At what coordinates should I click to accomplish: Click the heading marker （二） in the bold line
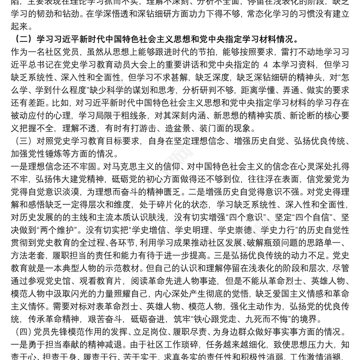point(20,37)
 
